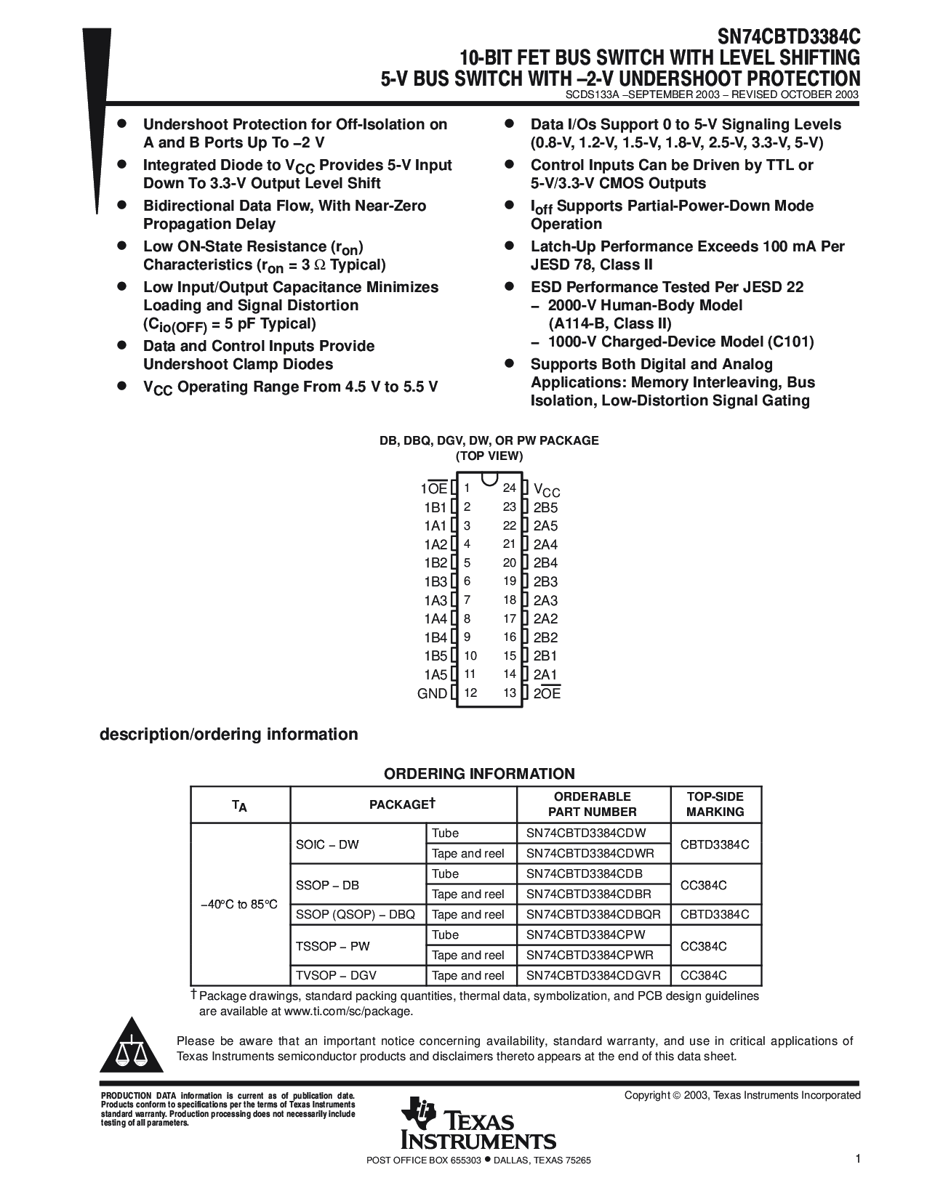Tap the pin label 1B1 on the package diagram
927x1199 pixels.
click(x=435, y=507)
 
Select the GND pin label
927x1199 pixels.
click(x=432, y=693)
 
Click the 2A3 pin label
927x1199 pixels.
click(x=545, y=600)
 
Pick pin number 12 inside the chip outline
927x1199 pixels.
click(x=470, y=693)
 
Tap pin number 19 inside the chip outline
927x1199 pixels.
click(x=509, y=581)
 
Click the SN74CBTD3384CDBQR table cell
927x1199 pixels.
click(x=593, y=914)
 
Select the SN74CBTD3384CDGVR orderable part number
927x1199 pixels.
click(x=593, y=975)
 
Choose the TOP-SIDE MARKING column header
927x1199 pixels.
click(x=715, y=804)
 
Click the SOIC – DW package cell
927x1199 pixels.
click(x=327, y=844)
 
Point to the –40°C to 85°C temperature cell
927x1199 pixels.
click(x=239, y=905)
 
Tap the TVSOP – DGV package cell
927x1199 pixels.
click(x=336, y=975)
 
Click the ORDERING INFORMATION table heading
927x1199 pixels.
click(x=479, y=774)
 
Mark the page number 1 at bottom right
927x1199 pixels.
click(x=858, y=1160)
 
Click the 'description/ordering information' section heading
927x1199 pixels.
click(x=228, y=734)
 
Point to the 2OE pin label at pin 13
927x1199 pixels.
click(x=547, y=693)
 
